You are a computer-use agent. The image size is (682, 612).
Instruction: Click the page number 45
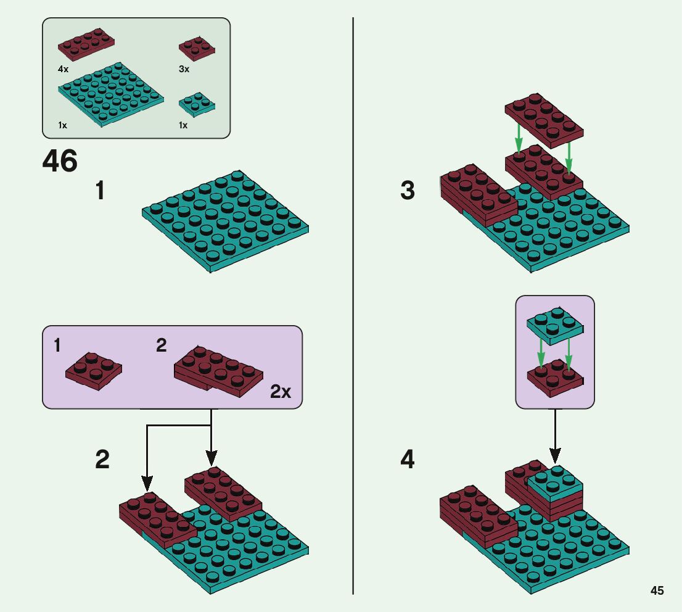(x=657, y=590)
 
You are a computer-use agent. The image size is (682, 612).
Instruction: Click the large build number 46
(x=60, y=162)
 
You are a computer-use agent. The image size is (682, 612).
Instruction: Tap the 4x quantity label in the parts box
(x=63, y=70)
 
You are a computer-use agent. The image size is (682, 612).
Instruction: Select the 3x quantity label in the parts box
(x=184, y=70)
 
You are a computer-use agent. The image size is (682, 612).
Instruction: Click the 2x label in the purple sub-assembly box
(x=281, y=391)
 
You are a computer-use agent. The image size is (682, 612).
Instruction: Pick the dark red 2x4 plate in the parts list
(x=86, y=44)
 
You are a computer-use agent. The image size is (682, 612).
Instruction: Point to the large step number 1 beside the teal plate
(x=99, y=191)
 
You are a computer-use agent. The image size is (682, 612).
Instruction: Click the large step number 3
(x=408, y=191)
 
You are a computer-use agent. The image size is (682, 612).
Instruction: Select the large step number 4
(x=408, y=460)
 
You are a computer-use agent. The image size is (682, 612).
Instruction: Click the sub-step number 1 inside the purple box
(x=57, y=345)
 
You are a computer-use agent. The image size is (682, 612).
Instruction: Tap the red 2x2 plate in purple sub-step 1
(x=94, y=370)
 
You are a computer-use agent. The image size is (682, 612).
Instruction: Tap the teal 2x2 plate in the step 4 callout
(x=555, y=325)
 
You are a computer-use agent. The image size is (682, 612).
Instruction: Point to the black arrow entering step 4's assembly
(x=555, y=435)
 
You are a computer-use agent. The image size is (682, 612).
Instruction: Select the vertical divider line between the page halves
(x=353, y=308)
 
